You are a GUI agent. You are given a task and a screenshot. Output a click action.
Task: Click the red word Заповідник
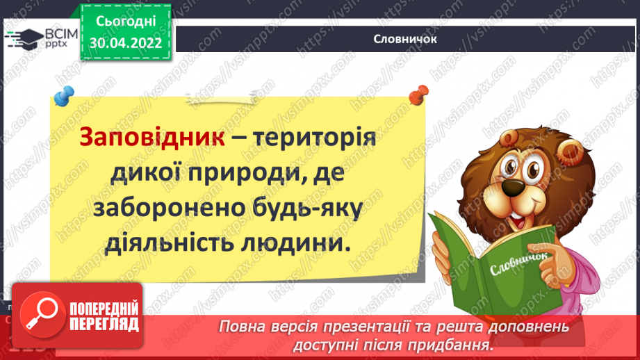click(x=151, y=137)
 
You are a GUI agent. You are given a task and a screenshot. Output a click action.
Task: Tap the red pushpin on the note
click(x=418, y=92)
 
